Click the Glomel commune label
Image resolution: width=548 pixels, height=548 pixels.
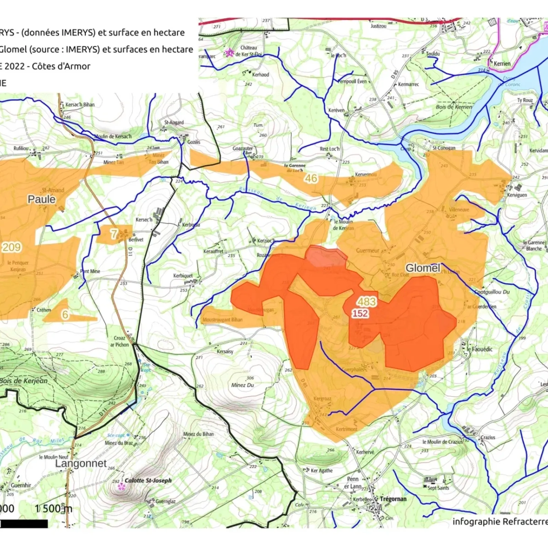[423, 268]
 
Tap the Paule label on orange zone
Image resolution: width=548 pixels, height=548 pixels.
[41, 199]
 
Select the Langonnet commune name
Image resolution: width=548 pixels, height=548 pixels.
[81, 463]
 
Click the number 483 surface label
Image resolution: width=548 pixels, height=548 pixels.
[367, 302]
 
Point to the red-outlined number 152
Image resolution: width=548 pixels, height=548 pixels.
[360, 313]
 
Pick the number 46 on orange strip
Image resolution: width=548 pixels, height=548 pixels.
[311, 178]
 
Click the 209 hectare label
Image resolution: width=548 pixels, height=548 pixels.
[12, 247]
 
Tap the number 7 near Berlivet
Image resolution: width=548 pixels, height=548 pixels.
[114, 234]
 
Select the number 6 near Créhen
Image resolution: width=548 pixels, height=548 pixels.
[65, 315]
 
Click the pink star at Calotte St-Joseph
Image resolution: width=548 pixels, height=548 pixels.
[121, 486]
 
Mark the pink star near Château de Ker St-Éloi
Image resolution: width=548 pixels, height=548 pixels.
[229, 53]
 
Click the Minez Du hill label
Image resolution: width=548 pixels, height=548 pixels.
[242, 385]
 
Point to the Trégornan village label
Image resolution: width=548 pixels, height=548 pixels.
[393, 499]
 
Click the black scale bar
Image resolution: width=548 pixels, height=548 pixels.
[24, 524]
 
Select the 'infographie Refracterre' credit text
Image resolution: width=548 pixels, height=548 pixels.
[500, 522]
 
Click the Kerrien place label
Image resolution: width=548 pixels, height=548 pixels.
[502, 64]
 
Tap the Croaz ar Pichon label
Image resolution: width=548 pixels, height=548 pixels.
[119, 341]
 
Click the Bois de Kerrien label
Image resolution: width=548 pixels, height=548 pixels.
[454, 107]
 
